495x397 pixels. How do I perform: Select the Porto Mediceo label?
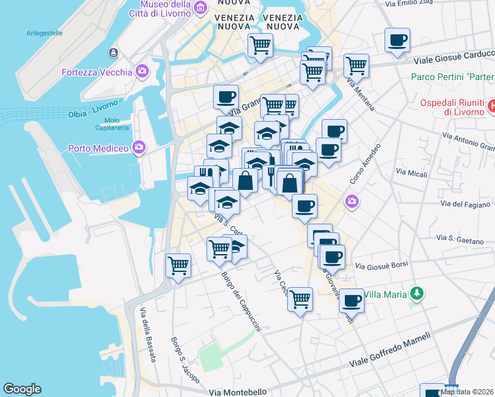(x=98, y=148)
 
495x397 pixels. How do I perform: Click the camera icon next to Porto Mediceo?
(x=139, y=147)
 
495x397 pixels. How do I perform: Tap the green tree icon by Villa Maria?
(x=416, y=292)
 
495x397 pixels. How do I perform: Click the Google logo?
(x=22, y=389)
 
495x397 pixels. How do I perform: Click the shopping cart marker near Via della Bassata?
(x=178, y=265)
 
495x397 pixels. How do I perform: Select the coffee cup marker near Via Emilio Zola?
(x=397, y=40)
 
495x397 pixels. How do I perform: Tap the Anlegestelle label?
(x=44, y=32)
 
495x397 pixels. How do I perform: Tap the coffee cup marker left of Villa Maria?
(x=351, y=300)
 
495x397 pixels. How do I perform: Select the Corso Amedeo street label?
(x=365, y=164)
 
